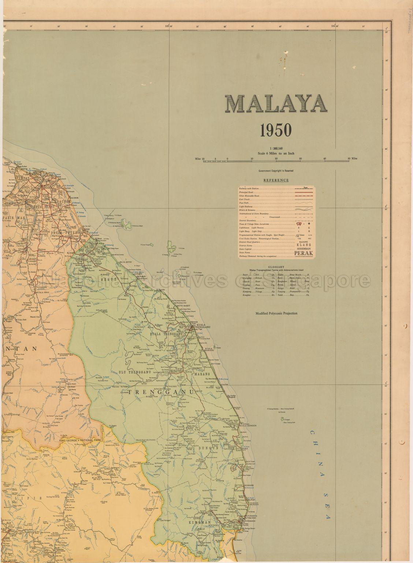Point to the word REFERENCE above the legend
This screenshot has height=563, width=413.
[x=276, y=180]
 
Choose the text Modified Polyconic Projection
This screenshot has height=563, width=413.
[x=276, y=313]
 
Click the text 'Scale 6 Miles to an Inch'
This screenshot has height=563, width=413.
[x=276, y=154]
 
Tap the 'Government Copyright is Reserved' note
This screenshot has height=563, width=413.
[x=276, y=171]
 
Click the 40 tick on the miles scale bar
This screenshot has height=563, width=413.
[x=325, y=158]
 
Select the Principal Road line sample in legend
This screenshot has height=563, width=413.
[x=302, y=191]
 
